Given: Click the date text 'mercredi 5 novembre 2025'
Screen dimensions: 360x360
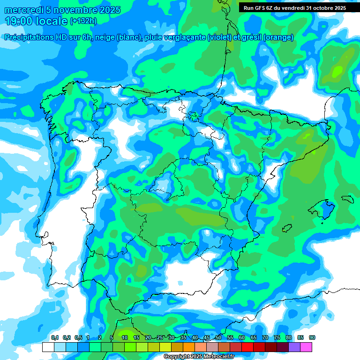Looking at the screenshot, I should click(x=62, y=10).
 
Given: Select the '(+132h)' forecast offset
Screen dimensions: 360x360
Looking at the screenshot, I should click(x=83, y=21).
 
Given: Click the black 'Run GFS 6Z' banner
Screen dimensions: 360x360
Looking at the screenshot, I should click(x=292, y=7).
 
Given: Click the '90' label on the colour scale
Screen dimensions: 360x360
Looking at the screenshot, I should click(x=312, y=338).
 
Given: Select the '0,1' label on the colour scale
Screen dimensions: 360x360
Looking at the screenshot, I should click(x=54, y=338).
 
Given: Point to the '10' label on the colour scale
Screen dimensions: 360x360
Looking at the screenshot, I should click(x=125, y=338).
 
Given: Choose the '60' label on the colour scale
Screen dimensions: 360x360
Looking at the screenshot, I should click(x=242, y=338).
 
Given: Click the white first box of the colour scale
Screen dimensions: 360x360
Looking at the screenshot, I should click(x=48, y=347).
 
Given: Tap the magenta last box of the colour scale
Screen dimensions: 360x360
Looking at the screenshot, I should click(x=306, y=347).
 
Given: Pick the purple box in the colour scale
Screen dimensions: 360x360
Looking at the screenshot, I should click(x=294, y=347).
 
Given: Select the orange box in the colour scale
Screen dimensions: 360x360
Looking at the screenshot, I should click(x=189, y=347).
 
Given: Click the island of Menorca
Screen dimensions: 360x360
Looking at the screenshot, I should click(x=347, y=198).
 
